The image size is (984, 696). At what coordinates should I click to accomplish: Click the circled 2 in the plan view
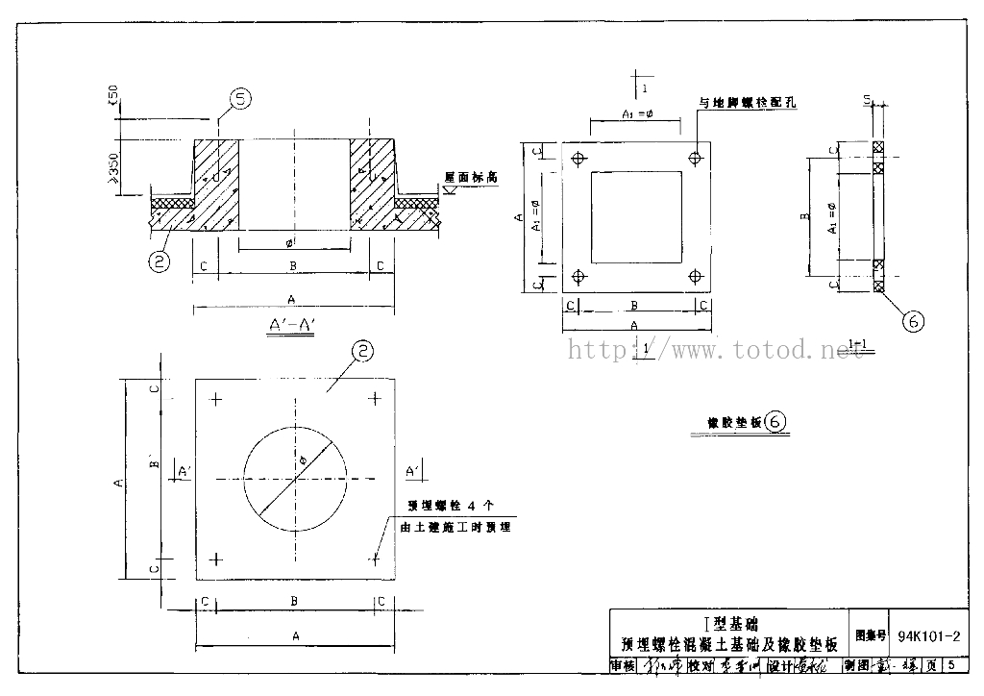(360, 353)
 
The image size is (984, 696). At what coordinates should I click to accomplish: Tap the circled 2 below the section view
(161, 261)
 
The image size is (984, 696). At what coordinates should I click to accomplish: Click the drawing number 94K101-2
(928, 636)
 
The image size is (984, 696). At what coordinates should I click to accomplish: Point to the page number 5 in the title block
(949, 665)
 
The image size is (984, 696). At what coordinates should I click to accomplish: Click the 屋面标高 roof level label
(470, 178)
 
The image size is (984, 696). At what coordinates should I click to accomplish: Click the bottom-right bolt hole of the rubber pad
(695, 277)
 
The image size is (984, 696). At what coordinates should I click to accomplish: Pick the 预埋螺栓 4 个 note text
(450, 505)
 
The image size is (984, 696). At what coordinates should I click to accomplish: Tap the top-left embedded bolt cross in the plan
(216, 399)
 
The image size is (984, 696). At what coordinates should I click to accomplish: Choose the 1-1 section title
(862, 343)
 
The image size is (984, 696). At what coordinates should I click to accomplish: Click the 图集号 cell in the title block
(869, 636)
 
